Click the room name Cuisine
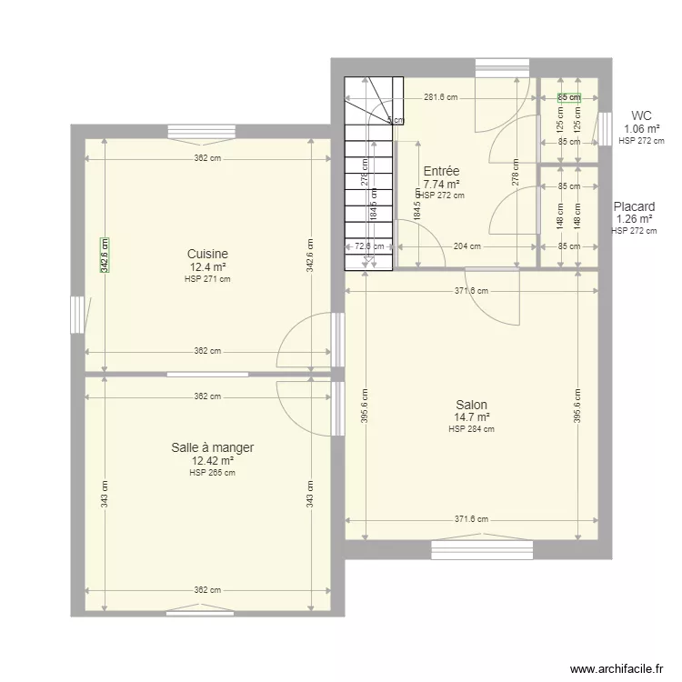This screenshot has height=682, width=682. point(207,254)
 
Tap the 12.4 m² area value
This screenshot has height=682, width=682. point(207,267)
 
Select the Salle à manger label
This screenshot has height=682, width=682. point(212,447)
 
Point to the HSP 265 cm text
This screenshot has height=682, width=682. point(212,472)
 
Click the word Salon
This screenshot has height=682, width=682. point(471,405)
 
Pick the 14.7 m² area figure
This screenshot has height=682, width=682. point(471,418)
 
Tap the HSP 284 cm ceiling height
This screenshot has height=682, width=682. point(471,429)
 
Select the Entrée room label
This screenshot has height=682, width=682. point(441,171)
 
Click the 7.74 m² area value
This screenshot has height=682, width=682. point(441,184)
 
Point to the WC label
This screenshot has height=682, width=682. point(641,115)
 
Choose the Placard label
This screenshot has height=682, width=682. point(634,206)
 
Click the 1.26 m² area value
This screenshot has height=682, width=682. point(634,219)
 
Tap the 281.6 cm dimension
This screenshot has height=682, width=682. point(440,96)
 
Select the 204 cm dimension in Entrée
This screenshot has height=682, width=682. point(467,246)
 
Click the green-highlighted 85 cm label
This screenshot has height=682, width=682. point(568,96)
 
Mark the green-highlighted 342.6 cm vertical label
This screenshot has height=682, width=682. point(104,255)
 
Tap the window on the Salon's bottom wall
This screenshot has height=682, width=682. point(481,547)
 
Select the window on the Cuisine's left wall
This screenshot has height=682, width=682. point(77,315)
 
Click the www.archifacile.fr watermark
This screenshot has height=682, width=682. point(617,668)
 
